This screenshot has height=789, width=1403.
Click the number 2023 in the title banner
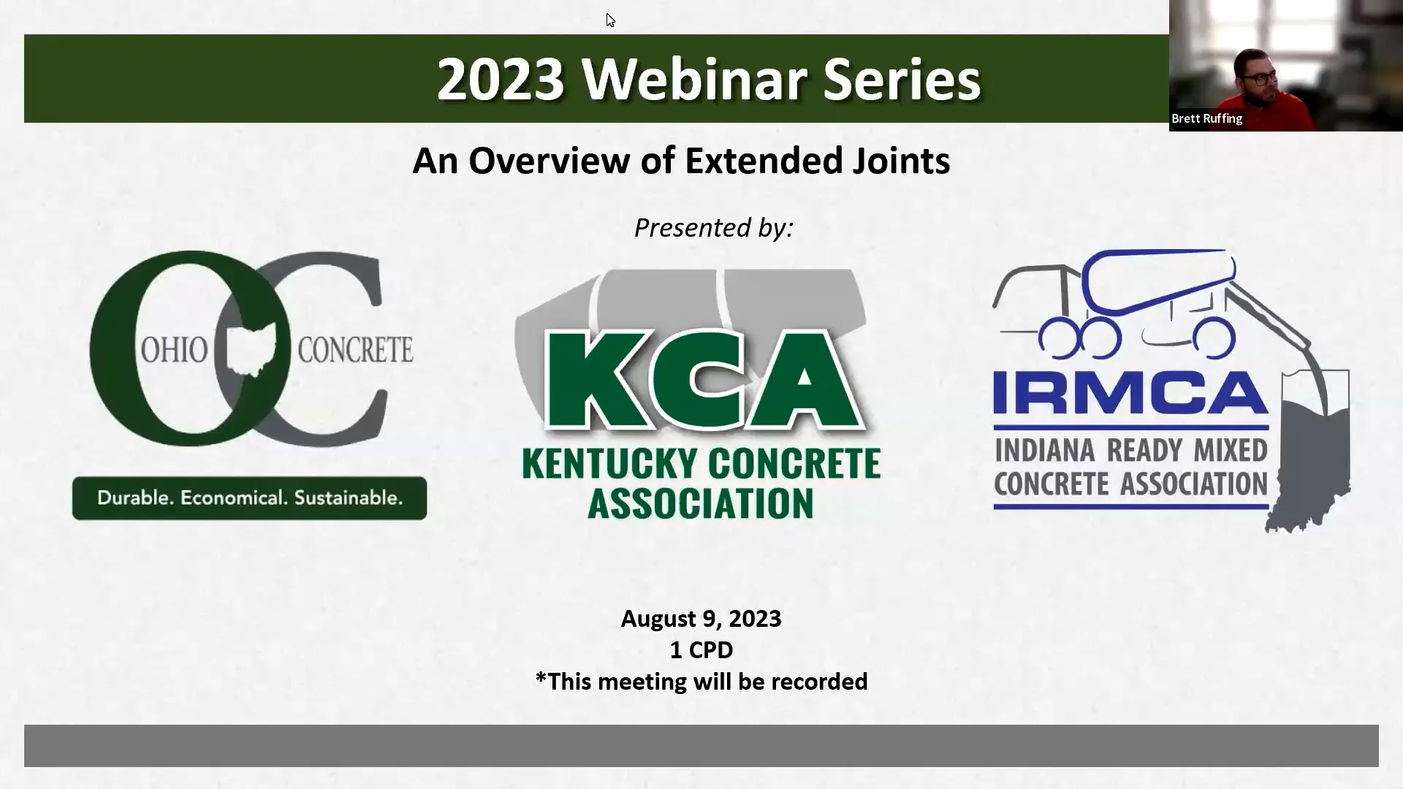coord(501,79)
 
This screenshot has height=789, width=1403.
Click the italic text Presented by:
coord(713,228)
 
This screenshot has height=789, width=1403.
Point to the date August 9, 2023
coord(701,619)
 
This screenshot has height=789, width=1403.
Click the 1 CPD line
coord(701,650)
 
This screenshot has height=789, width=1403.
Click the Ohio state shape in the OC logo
coord(251,349)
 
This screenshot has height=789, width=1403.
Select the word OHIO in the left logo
coord(174,351)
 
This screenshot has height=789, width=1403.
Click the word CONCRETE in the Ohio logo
coord(355,351)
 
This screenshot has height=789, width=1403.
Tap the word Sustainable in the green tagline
coord(348,498)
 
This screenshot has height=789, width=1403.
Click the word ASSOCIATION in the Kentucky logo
coord(700,504)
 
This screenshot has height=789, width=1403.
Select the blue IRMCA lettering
coord(1130,393)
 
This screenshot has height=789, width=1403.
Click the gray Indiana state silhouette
coord(1312,453)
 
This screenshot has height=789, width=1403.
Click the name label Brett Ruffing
coord(1206,118)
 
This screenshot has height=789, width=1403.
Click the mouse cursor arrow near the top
coord(609,19)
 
